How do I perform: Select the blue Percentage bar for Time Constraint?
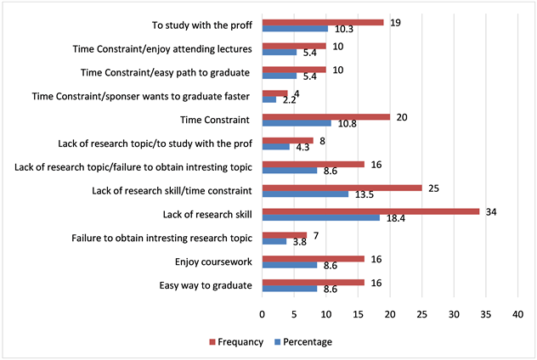point(297,123)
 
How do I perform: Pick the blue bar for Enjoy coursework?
point(290,266)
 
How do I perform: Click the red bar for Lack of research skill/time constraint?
point(342,187)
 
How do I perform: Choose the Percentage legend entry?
point(302,341)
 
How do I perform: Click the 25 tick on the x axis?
point(421,313)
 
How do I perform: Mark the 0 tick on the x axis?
point(263,313)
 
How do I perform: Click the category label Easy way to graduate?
point(206,285)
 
